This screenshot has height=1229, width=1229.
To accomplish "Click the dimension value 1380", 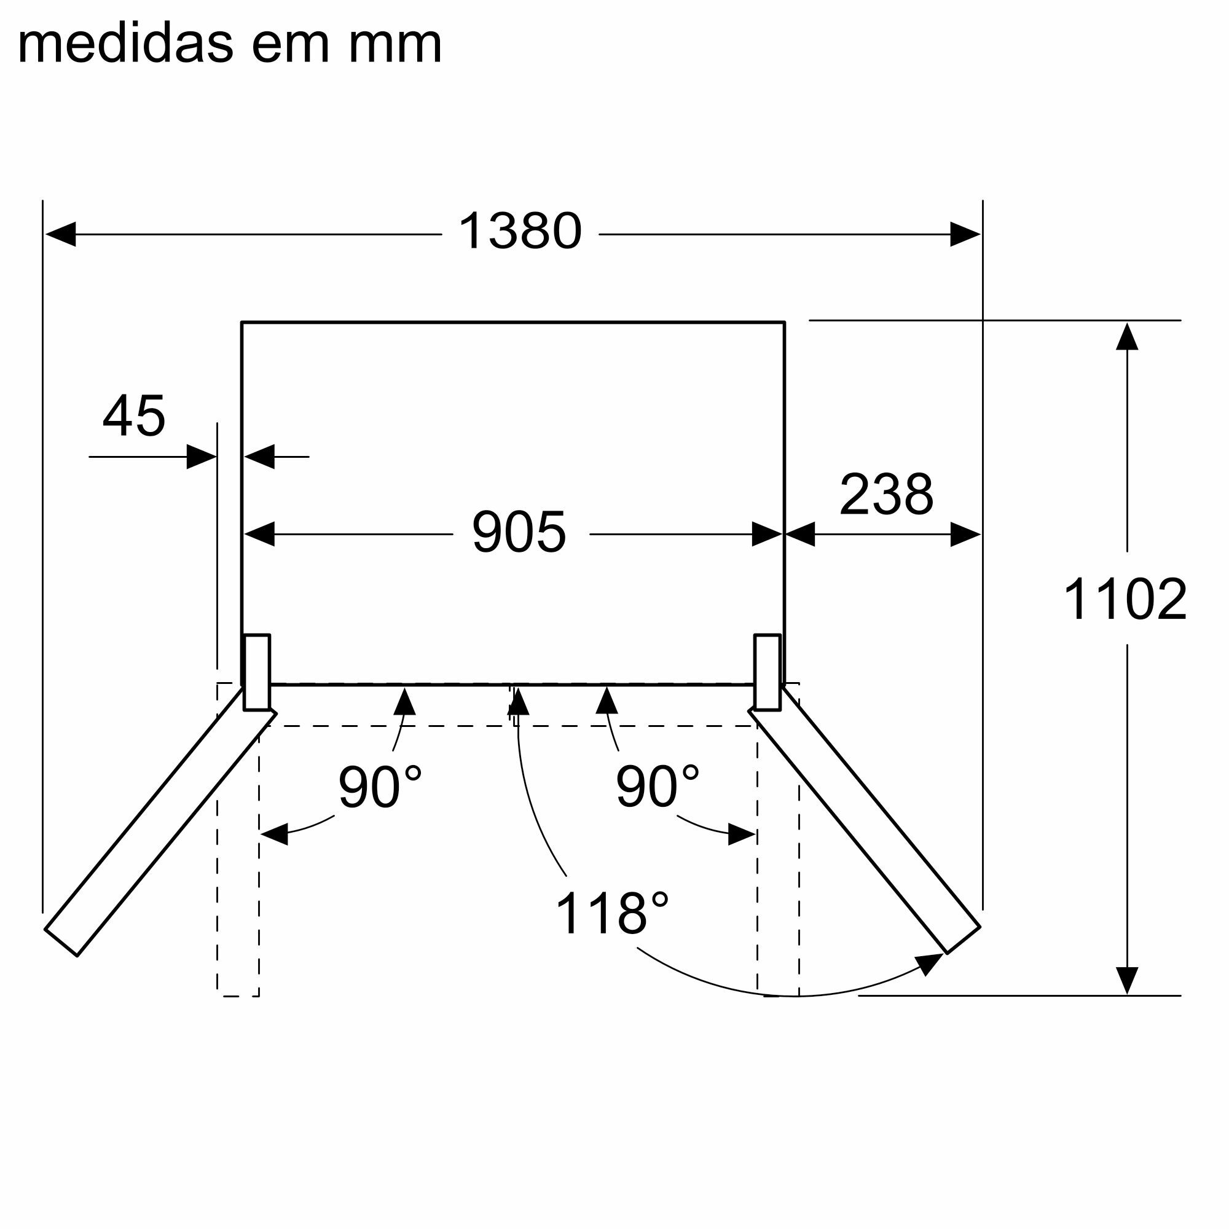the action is click(x=520, y=231).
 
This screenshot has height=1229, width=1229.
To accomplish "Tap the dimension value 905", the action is click(x=519, y=532).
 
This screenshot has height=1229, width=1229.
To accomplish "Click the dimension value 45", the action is click(x=134, y=416).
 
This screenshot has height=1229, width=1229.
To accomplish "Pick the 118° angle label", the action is click(x=612, y=914).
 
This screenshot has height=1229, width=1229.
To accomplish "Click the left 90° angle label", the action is click(x=380, y=787).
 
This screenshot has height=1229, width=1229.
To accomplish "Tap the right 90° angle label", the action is click(x=657, y=787).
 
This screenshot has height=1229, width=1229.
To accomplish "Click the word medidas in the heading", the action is click(x=126, y=44).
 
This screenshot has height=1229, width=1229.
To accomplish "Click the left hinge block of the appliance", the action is click(x=257, y=672).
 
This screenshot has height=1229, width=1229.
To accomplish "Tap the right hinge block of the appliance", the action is click(x=767, y=672).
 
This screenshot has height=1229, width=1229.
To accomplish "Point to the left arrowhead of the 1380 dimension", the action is click(x=60, y=234).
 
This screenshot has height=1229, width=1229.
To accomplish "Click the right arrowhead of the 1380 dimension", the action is click(x=965, y=234).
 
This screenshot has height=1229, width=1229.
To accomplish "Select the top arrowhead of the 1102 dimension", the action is click(x=1127, y=337).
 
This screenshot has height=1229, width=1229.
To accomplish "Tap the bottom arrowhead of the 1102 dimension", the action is click(x=1127, y=980).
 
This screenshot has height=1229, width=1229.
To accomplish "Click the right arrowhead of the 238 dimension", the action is click(x=965, y=535).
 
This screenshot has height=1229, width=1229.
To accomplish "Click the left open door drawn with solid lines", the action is click(x=160, y=820).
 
